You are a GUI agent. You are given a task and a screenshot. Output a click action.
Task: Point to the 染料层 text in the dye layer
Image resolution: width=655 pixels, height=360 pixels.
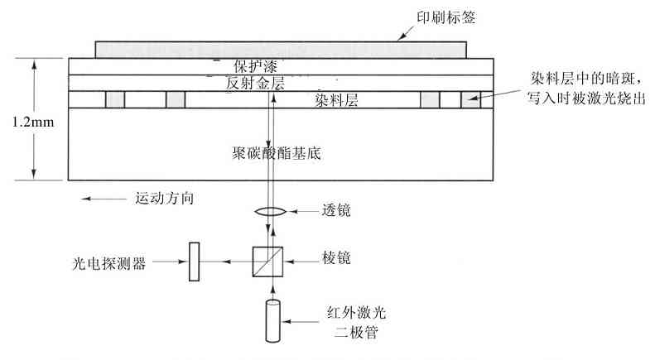[335, 100]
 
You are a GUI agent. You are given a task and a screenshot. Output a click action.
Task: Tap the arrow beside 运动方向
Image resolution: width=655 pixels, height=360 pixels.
[99, 199]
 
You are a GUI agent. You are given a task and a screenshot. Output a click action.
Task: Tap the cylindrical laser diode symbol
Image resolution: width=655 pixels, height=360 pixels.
[273, 320]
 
